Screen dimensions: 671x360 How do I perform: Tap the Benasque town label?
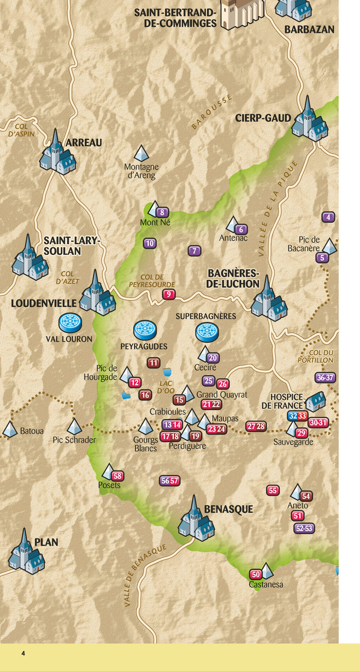tap(228, 509)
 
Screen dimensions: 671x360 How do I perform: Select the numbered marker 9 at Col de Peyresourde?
tap(168, 295)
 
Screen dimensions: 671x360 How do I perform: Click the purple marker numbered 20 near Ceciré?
tap(213, 358)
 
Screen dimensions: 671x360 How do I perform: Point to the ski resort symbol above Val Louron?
tap(70, 323)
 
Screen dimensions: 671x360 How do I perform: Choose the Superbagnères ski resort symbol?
tap(207, 332)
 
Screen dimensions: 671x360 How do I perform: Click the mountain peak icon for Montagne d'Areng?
tap(141, 153)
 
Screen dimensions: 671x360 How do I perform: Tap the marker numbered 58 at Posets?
tap(118, 476)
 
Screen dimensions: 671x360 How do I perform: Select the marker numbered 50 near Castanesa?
tap(256, 574)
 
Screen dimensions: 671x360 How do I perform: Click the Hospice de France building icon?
tap(315, 401)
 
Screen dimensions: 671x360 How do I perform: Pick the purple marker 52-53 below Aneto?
tap(304, 528)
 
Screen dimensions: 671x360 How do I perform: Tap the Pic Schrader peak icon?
tap(75, 426)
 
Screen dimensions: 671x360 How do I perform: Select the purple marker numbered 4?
tap(329, 217)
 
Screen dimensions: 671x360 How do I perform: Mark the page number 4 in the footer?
tap(23, 654)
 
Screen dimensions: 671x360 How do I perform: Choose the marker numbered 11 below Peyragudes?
tap(153, 363)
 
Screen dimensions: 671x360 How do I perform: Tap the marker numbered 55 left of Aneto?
tap(273, 491)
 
